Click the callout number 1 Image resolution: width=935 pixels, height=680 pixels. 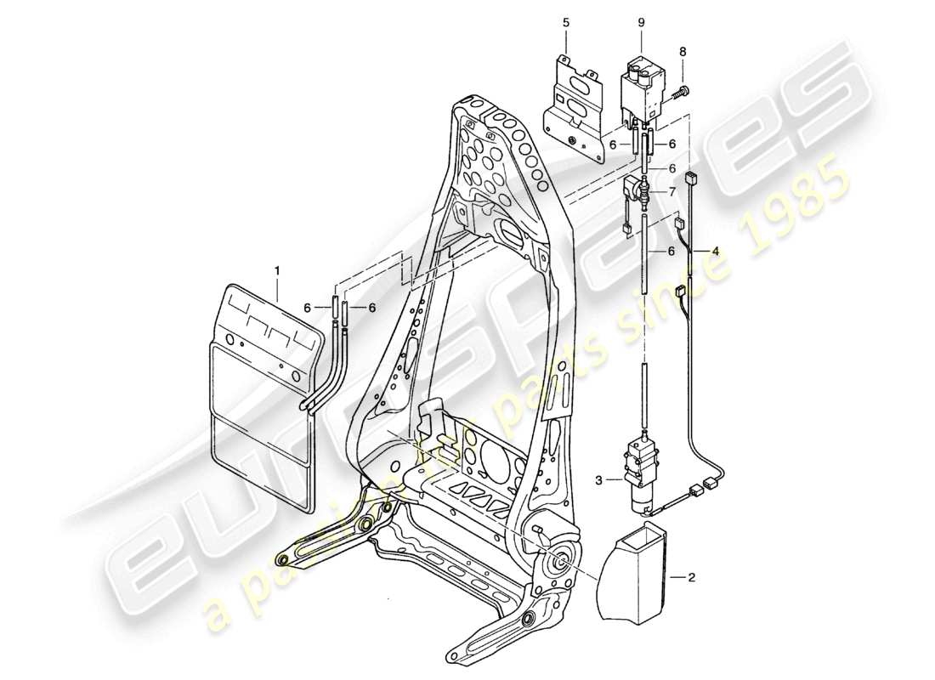pyautogui.click(x=275, y=271)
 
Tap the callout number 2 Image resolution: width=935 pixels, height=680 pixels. pyautogui.click(x=691, y=578)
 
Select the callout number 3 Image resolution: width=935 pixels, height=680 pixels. pyautogui.click(x=598, y=480)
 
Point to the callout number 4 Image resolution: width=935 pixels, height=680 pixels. pyautogui.click(x=715, y=252)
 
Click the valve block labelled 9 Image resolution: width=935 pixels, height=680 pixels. pyautogui.click(x=643, y=88)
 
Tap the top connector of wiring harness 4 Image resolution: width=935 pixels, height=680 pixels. pyautogui.click(x=690, y=179)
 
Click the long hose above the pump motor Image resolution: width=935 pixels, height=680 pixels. pyautogui.click(x=646, y=256)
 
